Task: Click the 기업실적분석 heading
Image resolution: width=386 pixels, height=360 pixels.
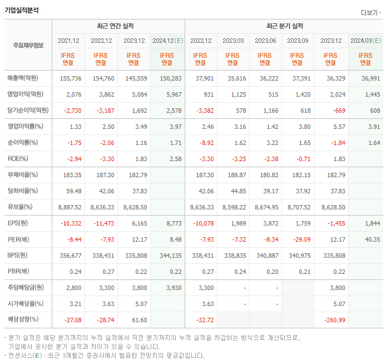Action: [22, 10]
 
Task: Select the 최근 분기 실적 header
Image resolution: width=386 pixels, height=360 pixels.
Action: [284, 26]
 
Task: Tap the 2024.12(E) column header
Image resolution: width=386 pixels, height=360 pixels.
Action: [167, 41]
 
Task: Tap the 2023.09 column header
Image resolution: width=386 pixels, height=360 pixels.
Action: [298, 41]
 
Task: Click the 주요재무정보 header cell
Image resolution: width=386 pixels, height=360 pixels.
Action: [28, 45]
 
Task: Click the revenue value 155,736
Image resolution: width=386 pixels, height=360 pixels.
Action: [70, 78]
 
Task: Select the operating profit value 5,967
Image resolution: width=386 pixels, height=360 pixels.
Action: [171, 94]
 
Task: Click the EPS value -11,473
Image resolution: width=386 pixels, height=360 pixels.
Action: [102, 223]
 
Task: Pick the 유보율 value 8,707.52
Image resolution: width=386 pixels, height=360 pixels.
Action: [299, 207]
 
